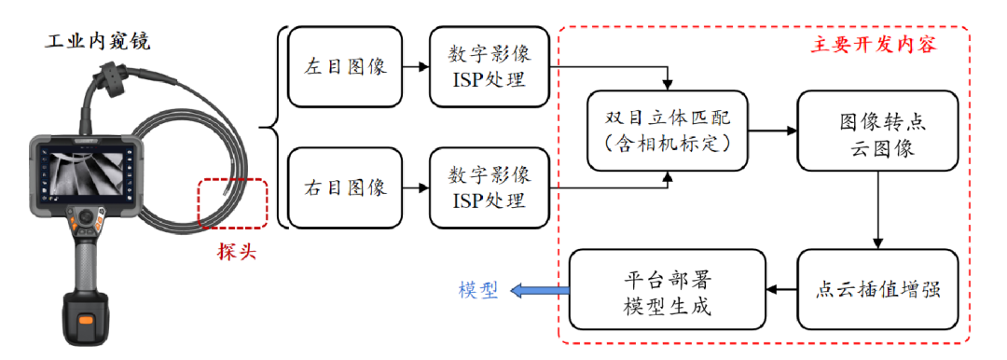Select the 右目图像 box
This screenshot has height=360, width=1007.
coord(345,187)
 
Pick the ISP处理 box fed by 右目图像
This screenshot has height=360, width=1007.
coord(489,187)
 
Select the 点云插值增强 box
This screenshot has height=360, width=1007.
coord(876,289)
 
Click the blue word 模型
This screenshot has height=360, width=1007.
coord(478,289)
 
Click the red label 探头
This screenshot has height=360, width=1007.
coord(232,251)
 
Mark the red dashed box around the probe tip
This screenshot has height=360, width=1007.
coord(232,202)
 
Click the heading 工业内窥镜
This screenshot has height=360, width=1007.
coord(98,41)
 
